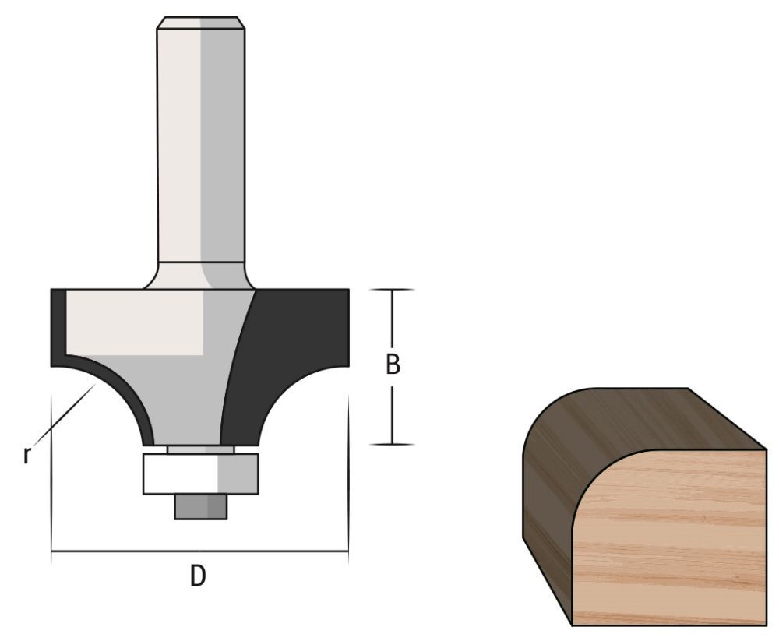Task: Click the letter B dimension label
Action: [x=393, y=365]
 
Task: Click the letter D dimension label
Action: [x=199, y=576]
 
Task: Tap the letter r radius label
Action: [x=26, y=455]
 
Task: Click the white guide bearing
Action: [x=200, y=474]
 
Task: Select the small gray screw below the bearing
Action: [x=200, y=507]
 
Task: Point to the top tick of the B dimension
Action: [x=391, y=290]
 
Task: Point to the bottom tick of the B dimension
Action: [x=391, y=444]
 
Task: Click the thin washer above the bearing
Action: [x=200, y=449]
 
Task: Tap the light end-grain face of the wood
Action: [x=670, y=537]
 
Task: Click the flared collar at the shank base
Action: [x=200, y=276]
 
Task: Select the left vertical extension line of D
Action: [x=51, y=467]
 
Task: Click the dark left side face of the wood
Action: [x=545, y=514]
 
